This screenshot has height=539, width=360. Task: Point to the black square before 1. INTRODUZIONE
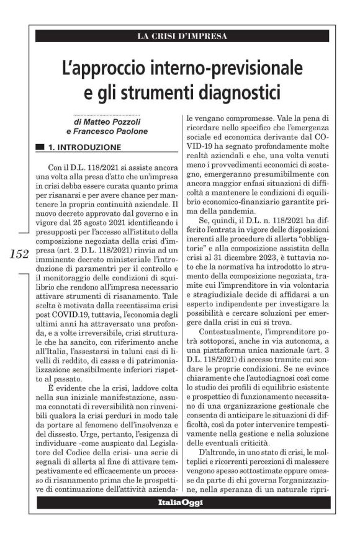click(x=40, y=148)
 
